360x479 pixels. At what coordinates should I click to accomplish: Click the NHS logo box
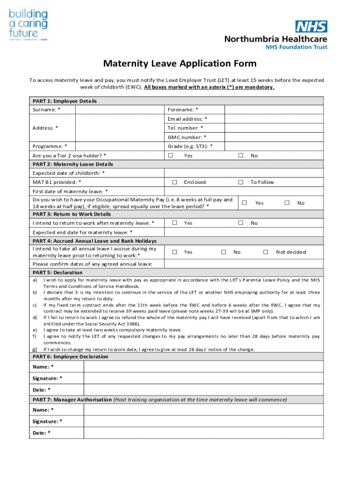pyautogui.click(x=311, y=27)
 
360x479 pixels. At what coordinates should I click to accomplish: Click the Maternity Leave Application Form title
pyautogui.click(x=180, y=64)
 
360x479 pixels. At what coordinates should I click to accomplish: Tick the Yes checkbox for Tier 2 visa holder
pyautogui.click(x=171, y=155)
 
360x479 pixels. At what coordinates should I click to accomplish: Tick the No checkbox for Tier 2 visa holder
pyautogui.click(x=241, y=155)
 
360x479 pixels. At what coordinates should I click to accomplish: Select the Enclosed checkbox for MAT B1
pyautogui.click(x=174, y=182)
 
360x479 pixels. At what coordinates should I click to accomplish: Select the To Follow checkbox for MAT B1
pyautogui.click(x=241, y=182)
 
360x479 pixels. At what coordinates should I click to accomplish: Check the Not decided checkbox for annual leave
pyautogui.click(x=266, y=252)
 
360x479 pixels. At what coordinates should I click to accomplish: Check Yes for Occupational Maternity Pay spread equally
pyautogui.click(x=244, y=203)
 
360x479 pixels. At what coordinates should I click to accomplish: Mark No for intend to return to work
pyautogui.click(x=241, y=223)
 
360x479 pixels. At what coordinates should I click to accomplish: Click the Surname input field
pyautogui.click(x=120, y=109)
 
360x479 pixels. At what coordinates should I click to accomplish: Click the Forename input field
pyautogui.click(x=274, y=109)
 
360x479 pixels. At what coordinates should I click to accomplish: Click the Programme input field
pyautogui.click(x=120, y=146)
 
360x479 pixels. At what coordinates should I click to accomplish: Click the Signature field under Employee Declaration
pyautogui.click(x=203, y=378)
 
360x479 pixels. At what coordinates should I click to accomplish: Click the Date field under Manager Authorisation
pyautogui.click(x=203, y=433)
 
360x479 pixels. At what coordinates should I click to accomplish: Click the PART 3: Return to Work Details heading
pyautogui.click(x=72, y=214)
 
